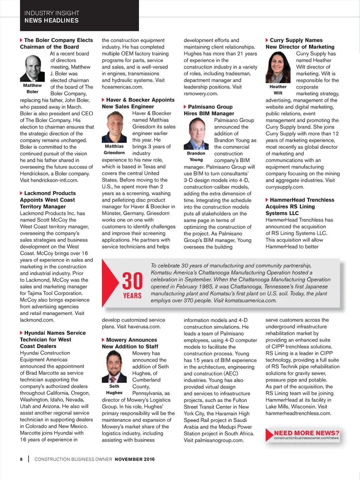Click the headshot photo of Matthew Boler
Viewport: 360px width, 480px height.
pyautogui.click(x=32, y=68)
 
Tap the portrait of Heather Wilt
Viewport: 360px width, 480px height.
pyautogui.click(x=278, y=67)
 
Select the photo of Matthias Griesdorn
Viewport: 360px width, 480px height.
pyautogui.click(x=114, y=127)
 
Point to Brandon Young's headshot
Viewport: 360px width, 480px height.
pyautogui.click(x=196, y=134)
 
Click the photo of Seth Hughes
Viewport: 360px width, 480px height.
pyautogui.click(x=114, y=366)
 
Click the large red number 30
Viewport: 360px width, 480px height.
pyautogui.click(x=132, y=281)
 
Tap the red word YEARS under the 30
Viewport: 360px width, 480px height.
pyautogui.click(x=132, y=296)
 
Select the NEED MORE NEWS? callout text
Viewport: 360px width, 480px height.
pyautogui.click(x=307, y=433)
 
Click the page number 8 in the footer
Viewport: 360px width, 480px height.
pyautogui.click(x=21, y=459)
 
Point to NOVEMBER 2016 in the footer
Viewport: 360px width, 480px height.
pyautogui.click(x=135, y=459)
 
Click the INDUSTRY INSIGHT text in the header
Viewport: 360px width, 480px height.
pyautogui.click(x=52, y=13)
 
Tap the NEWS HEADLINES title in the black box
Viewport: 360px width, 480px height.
pyautogui.click(x=52, y=20)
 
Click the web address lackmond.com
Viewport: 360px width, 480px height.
pyautogui.click(x=37, y=320)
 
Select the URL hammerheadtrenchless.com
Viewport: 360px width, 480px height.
pyautogui.click(x=298, y=413)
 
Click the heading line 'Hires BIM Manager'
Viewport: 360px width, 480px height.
pyautogui.click(x=209, y=113)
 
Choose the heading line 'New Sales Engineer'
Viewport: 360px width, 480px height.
pyautogui.click(x=128, y=107)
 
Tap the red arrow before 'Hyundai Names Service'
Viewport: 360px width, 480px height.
pyautogui.click(x=21, y=333)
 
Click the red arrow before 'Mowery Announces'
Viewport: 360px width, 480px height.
pyautogui.click(x=103, y=340)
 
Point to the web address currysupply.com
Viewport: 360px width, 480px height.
pyautogui.click(x=284, y=187)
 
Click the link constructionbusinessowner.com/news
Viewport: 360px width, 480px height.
pyautogui.click(x=306, y=438)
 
